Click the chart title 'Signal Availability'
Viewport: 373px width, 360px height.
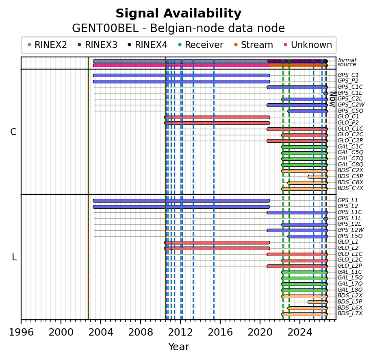pos(178,13)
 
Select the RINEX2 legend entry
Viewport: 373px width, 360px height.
pos(48,45)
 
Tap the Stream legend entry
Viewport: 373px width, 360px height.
pos(254,45)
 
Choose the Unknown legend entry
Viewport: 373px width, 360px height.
pos(308,45)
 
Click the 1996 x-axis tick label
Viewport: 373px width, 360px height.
pos(21,332)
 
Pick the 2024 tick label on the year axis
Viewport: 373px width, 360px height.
pos(300,332)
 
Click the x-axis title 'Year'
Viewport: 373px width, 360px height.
pos(179,347)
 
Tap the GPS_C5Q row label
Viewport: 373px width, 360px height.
pos(350,111)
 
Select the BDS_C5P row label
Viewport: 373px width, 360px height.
pos(350,176)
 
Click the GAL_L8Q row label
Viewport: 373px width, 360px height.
pos(350,290)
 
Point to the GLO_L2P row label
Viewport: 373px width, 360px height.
pos(350,266)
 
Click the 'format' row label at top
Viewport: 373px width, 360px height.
pos(347,60)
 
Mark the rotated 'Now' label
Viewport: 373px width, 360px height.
pos(333,99)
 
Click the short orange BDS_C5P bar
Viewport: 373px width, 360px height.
pos(318,177)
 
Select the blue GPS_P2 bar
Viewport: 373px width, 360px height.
pos(181,81)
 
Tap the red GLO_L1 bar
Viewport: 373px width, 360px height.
pos(217,242)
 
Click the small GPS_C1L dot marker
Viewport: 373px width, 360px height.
pos(325,93)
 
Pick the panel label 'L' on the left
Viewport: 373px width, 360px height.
pos(14,257)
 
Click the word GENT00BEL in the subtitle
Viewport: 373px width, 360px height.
pos(105,28)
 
